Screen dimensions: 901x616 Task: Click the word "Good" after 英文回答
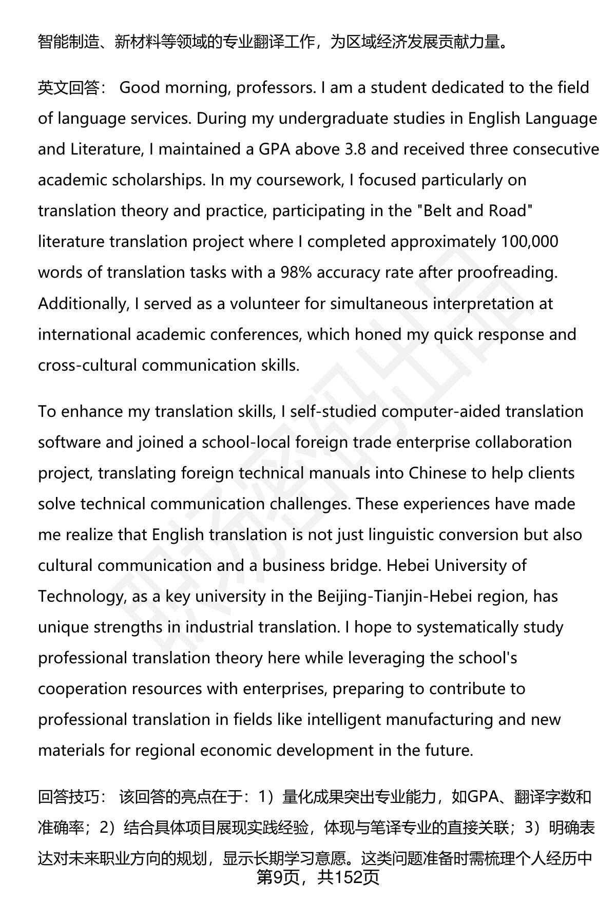[x=140, y=88]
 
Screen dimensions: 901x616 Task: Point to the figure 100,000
[x=529, y=242]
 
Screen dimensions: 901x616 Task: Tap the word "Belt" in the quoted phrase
[x=438, y=211]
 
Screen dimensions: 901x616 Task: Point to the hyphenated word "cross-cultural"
[x=88, y=365]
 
